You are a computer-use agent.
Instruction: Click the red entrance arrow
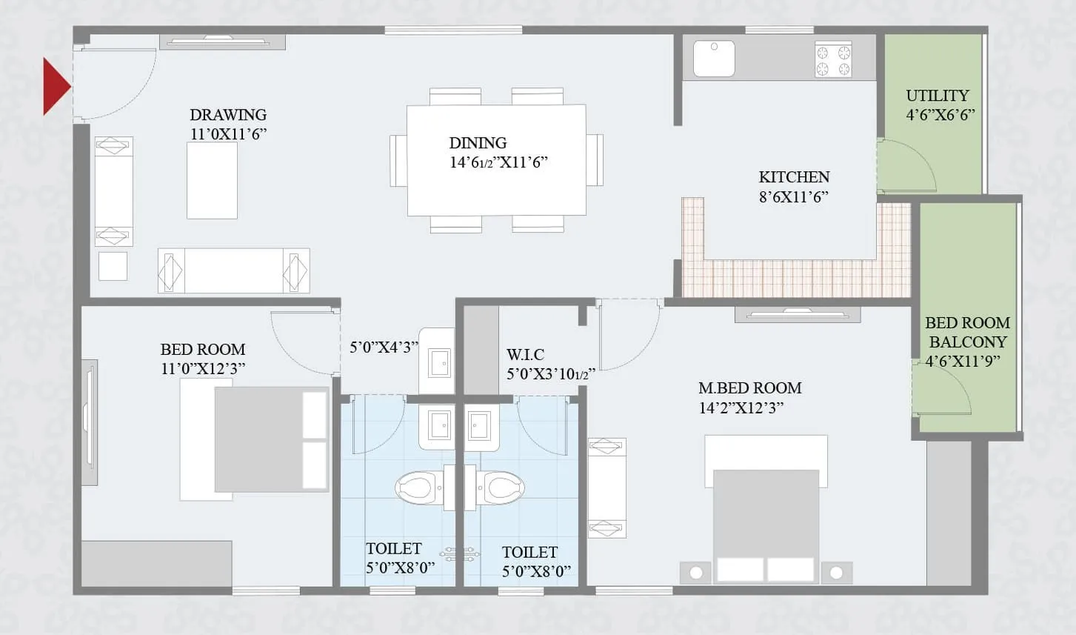[x=56, y=87]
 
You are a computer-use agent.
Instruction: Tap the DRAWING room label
[x=228, y=115]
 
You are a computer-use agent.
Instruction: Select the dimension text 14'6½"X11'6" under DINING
[x=498, y=162]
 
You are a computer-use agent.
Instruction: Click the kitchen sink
[x=714, y=59]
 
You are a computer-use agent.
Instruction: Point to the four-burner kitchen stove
[x=833, y=60]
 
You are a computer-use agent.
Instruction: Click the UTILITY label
[x=938, y=96]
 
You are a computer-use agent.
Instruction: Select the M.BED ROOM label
[x=749, y=388]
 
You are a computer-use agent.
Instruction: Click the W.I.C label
[x=525, y=354]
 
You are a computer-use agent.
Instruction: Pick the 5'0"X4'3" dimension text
[x=383, y=347]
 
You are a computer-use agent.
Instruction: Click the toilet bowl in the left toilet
[x=416, y=488]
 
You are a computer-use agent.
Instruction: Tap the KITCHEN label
[x=794, y=177]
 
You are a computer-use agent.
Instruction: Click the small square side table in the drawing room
[x=113, y=266]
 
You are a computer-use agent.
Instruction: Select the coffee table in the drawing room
[x=212, y=180]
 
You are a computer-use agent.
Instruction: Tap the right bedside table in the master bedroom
[x=836, y=572]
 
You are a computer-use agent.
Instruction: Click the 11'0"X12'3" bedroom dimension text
[x=202, y=368]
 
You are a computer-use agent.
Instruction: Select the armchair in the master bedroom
[x=606, y=488]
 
